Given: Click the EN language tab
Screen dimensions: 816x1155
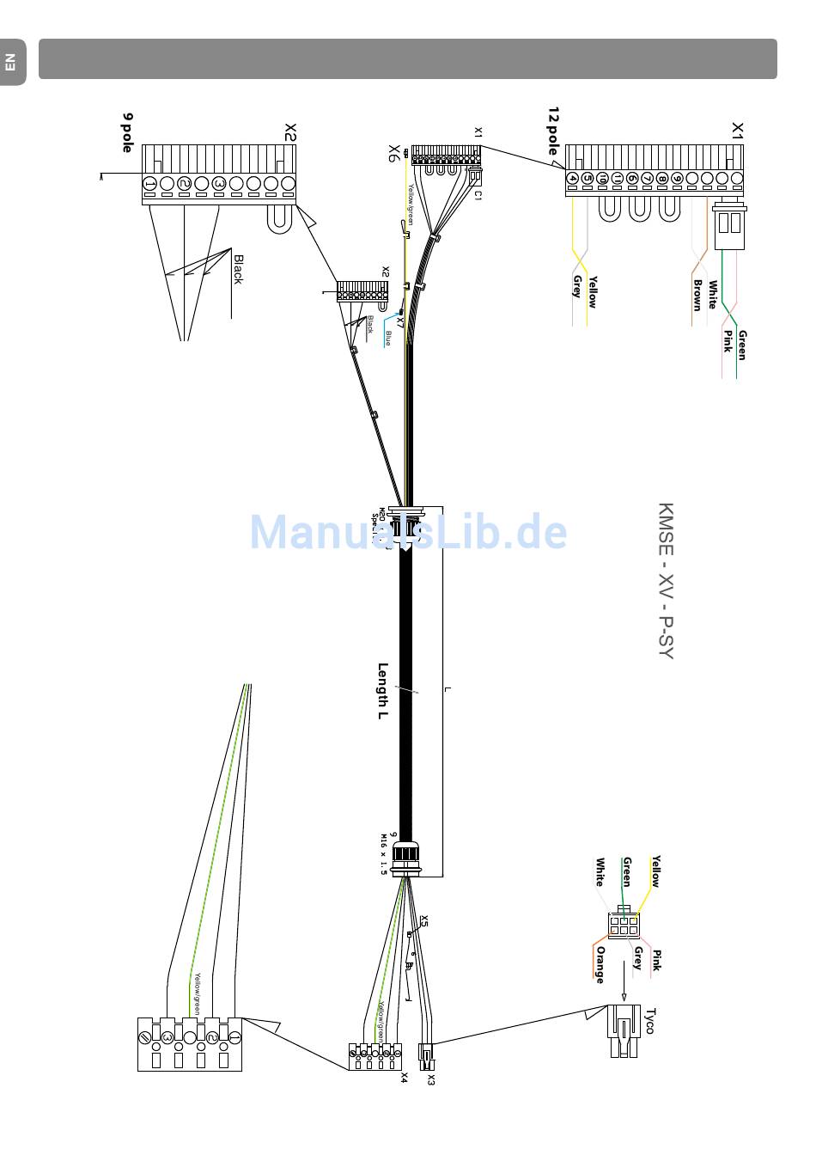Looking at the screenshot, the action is (10, 62).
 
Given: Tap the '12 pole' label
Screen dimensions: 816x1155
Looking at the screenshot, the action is (553, 131).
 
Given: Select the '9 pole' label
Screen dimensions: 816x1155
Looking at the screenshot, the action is (128, 132).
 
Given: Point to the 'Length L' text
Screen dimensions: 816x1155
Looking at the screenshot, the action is (383, 692).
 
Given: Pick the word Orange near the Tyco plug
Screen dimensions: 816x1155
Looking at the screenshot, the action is (600, 964).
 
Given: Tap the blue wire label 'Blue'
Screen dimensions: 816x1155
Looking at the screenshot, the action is (387, 338).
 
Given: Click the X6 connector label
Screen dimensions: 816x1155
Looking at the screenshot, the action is (394, 154).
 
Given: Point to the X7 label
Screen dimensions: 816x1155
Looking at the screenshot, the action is (400, 321).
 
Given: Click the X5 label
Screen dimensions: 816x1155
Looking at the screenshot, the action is (423, 922).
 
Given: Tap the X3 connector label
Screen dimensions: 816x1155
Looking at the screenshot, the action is (430, 1079).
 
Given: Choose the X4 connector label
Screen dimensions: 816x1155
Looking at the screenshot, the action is (403, 1078).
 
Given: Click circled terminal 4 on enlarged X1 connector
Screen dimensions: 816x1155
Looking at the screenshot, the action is (572, 179).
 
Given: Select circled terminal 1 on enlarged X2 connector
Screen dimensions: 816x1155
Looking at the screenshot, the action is (149, 184).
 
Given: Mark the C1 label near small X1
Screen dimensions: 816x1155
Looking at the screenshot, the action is (478, 195).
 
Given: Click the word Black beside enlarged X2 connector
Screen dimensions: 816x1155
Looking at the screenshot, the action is (238, 269).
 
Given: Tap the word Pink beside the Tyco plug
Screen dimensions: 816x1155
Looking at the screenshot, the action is (656, 960).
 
